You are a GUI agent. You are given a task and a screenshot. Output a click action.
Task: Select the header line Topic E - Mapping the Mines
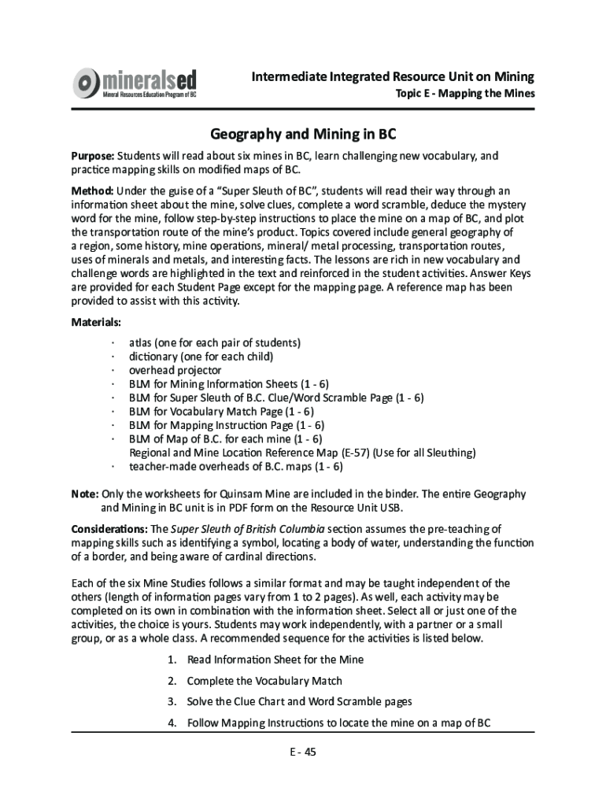(x=464, y=94)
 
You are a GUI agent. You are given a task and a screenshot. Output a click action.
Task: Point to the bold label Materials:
(x=96, y=323)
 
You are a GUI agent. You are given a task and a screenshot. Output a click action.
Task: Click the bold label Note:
(x=85, y=494)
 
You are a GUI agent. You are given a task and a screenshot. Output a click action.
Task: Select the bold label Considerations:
(x=110, y=528)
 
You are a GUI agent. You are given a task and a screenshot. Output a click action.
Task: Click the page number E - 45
(x=302, y=752)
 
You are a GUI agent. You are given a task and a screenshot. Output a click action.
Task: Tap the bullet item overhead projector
(x=176, y=371)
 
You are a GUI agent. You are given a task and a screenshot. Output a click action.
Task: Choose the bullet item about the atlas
(x=215, y=343)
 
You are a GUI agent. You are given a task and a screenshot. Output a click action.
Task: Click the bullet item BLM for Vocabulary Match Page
(x=221, y=412)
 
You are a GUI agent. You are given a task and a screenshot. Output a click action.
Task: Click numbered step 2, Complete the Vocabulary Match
(x=264, y=681)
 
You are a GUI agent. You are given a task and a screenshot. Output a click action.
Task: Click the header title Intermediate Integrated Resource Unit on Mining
(x=393, y=76)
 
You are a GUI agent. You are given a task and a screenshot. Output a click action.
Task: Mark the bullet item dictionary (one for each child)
(x=201, y=357)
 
